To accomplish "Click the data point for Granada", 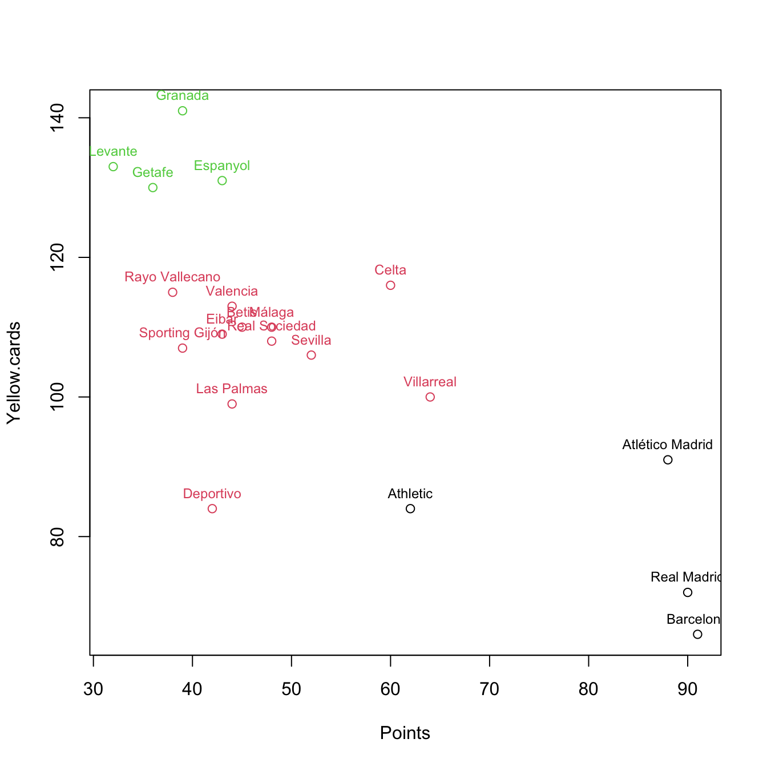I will coord(183,111).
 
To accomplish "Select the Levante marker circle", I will coord(113,167).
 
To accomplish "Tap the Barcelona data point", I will coord(697,635).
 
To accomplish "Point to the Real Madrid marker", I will coord(688,592).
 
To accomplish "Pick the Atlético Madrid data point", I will coord(668,460).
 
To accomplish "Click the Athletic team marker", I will coord(410,508).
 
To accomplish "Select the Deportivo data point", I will coord(212,508).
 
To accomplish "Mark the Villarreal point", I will coord(430,397).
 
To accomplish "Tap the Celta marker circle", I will coord(390,285).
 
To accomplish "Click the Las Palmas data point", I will coord(232,404).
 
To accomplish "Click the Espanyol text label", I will coord(222,166).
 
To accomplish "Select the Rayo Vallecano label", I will coord(172,277).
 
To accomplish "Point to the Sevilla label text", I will coord(311,341).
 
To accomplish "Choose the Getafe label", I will coord(152,173).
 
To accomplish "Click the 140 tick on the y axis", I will coord(57,118).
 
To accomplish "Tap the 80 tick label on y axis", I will coord(57,536).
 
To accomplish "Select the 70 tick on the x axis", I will coord(490,689).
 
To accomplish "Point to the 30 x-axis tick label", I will coord(94,689).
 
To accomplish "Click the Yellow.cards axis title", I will coord(14,373).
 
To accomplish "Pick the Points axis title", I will coord(405,733).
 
